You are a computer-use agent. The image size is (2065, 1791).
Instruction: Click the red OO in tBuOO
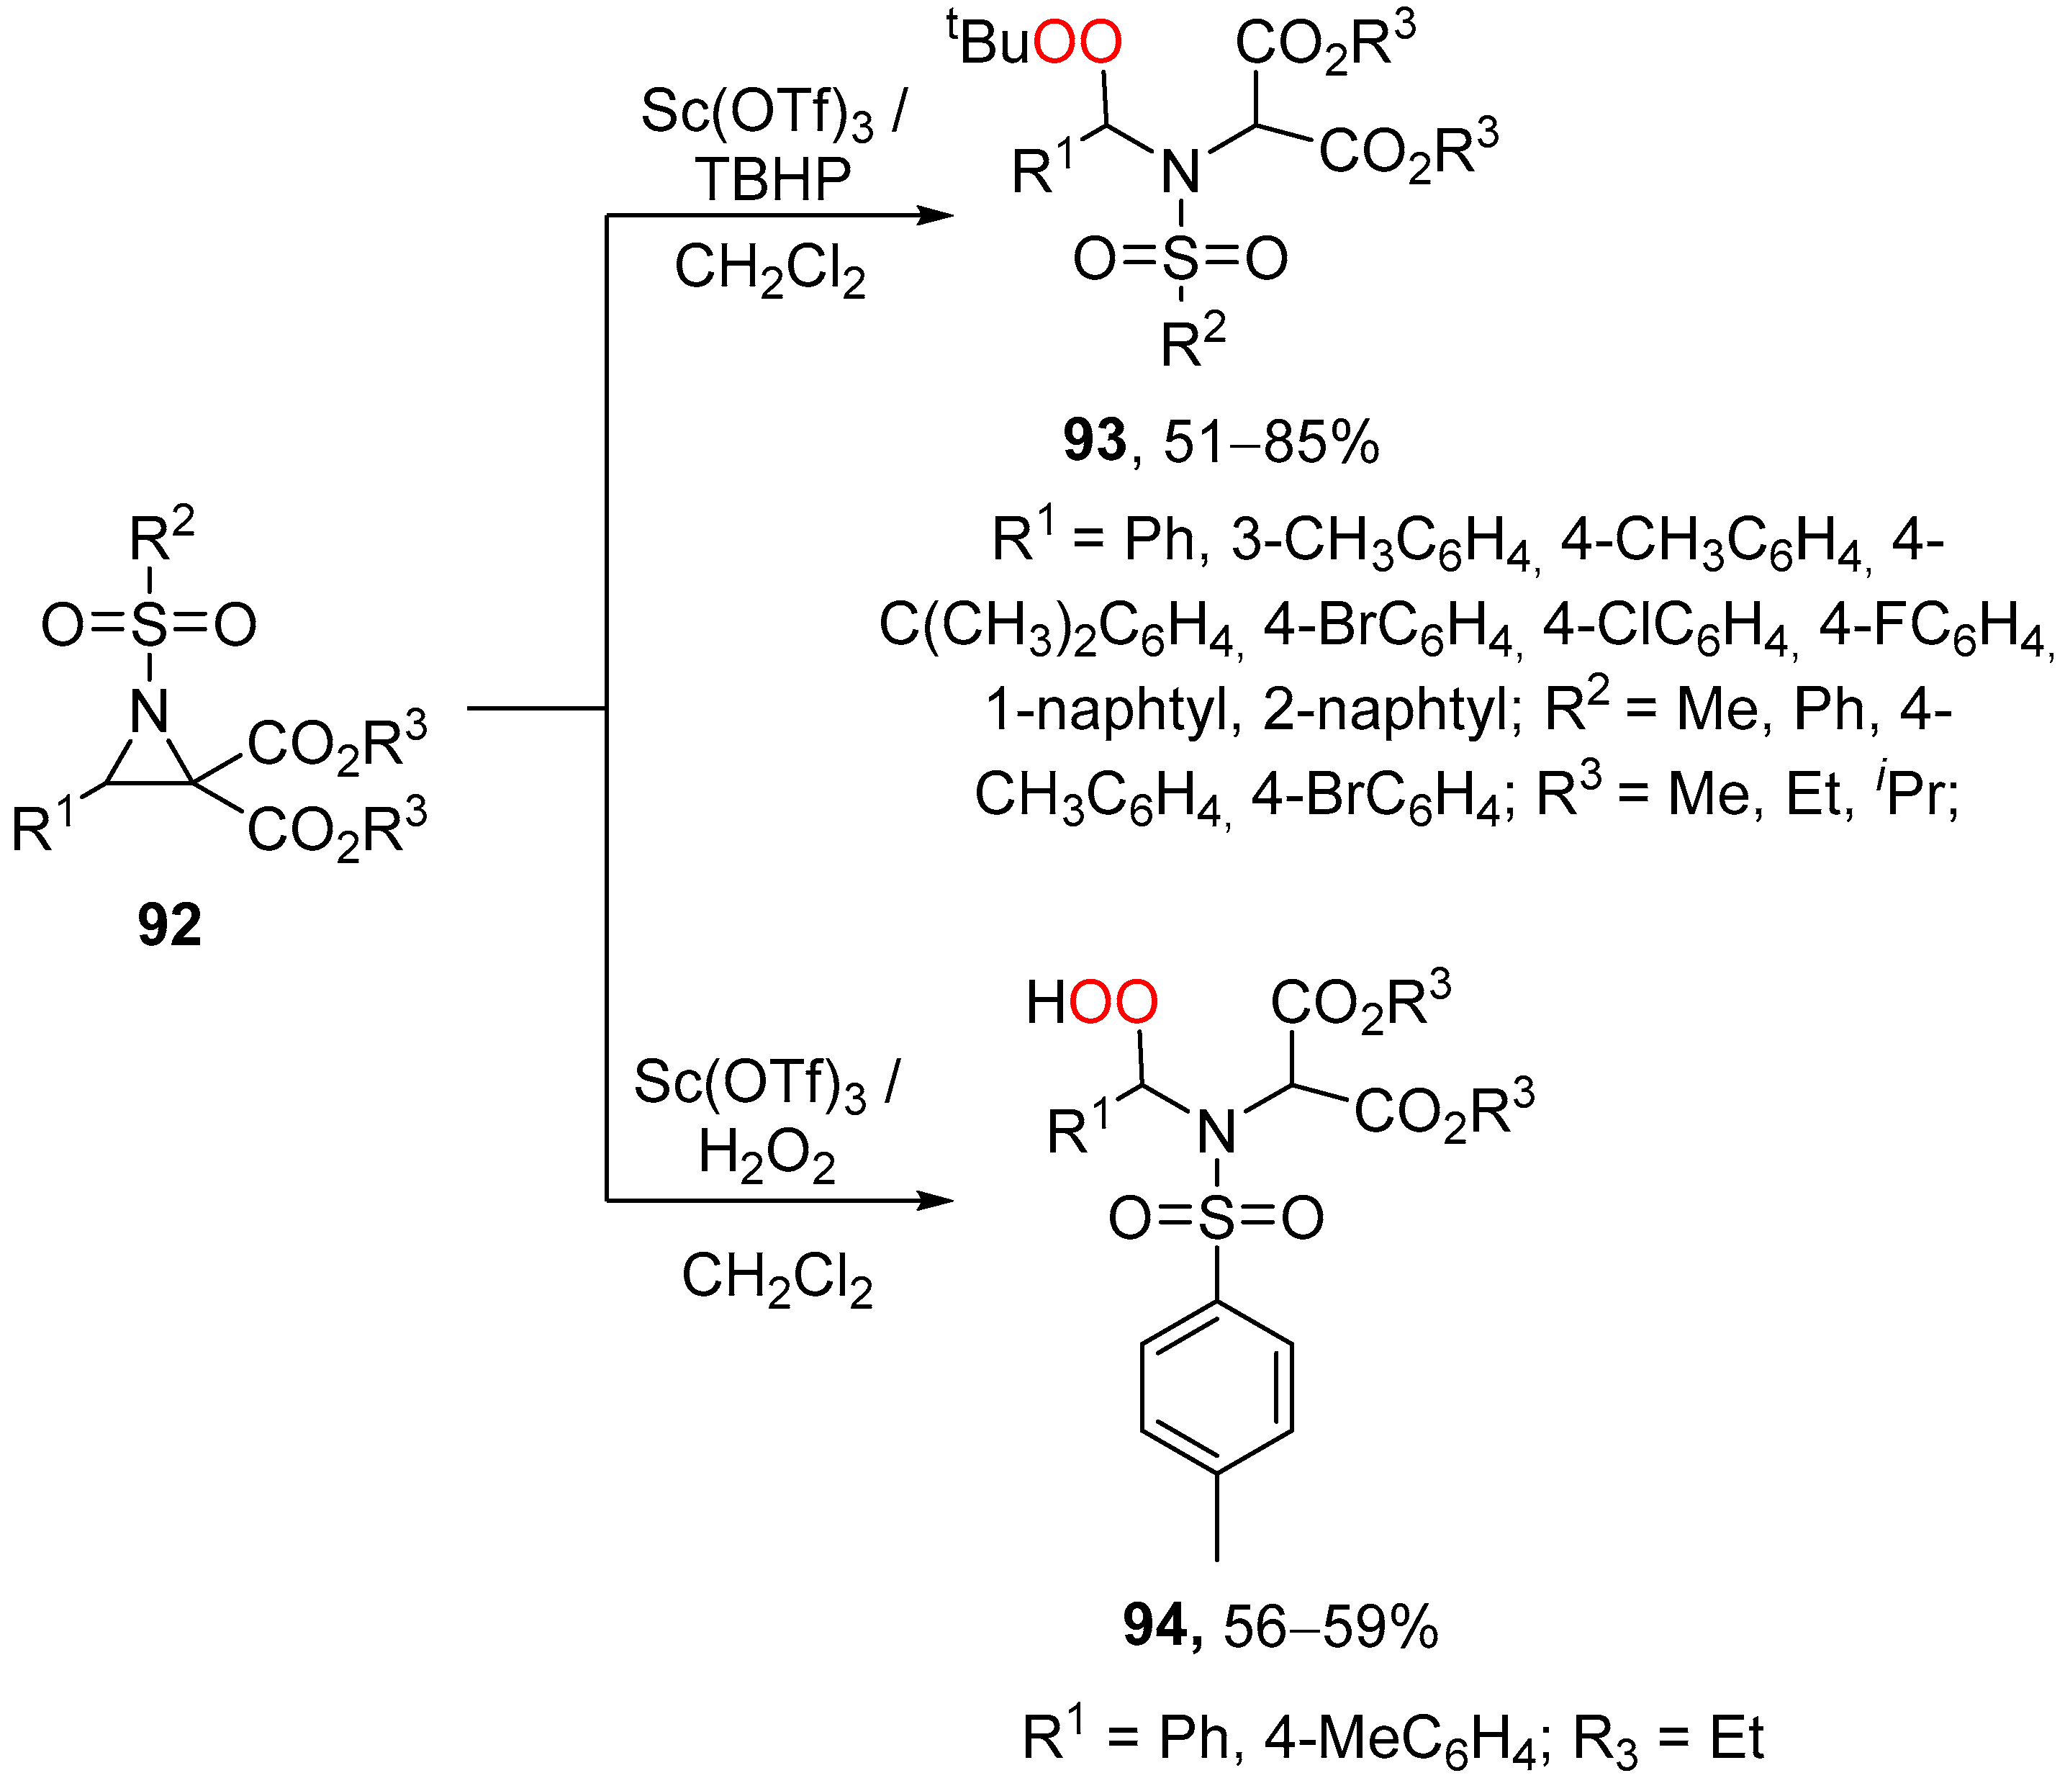(x=1077, y=43)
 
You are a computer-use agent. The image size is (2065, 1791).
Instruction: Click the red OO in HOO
(x=1113, y=1003)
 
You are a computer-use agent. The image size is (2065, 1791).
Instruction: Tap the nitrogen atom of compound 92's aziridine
(x=150, y=712)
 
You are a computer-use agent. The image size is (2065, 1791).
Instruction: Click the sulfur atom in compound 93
(x=1180, y=259)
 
